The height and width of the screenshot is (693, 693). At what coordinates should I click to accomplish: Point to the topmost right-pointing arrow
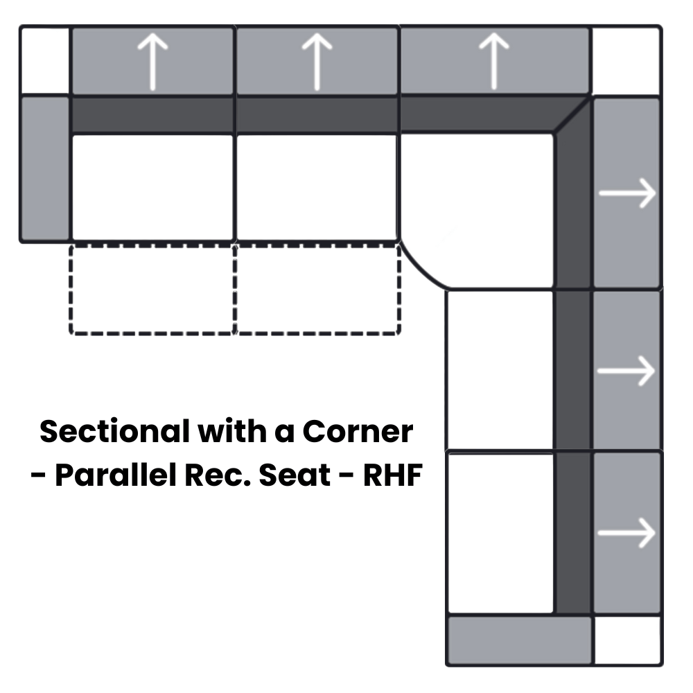click(x=627, y=193)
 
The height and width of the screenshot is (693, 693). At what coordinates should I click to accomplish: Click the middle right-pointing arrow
click(x=627, y=371)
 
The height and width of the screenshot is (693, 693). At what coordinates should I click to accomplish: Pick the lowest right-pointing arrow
click(x=627, y=533)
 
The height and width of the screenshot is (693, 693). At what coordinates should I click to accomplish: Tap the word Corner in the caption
click(x=357, y=432)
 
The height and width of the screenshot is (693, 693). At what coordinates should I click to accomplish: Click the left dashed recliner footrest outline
click(x=152, y=289)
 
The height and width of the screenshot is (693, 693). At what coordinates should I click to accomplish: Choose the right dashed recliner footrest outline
click(x=317, y=289)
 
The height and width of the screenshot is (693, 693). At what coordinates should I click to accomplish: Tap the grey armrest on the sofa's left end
click(x=45, y=169)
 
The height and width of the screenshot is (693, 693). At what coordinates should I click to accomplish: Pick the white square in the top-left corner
click(x=45, y=61)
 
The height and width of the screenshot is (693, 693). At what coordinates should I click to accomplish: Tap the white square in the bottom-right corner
click(x=627, y=640)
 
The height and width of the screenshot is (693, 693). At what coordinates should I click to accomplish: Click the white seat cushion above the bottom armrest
click(x=500, y=532)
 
